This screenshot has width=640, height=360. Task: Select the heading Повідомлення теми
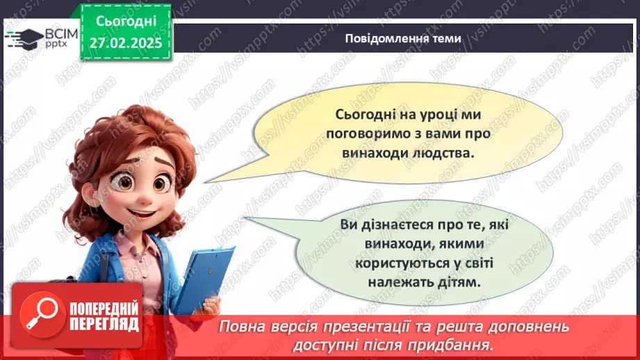tap(403, 39)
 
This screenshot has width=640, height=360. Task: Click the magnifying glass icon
tap(39, 313)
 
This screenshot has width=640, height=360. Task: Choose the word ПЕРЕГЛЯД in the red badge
tap(104, 323)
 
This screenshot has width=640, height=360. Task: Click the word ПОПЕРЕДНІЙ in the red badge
tap(104, 306)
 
